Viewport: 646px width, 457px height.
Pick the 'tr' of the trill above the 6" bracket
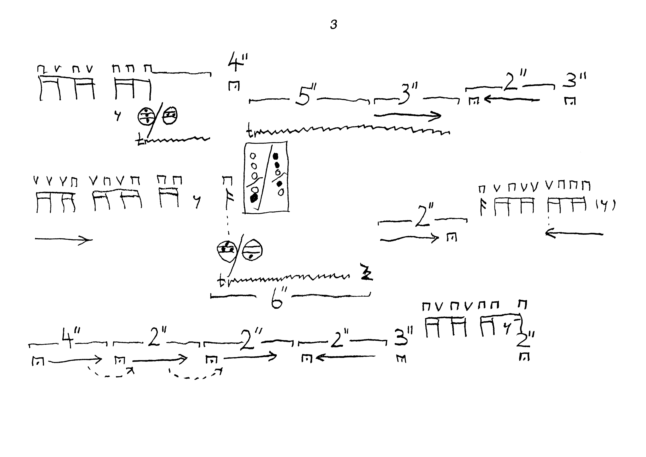(x=223, y=282)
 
